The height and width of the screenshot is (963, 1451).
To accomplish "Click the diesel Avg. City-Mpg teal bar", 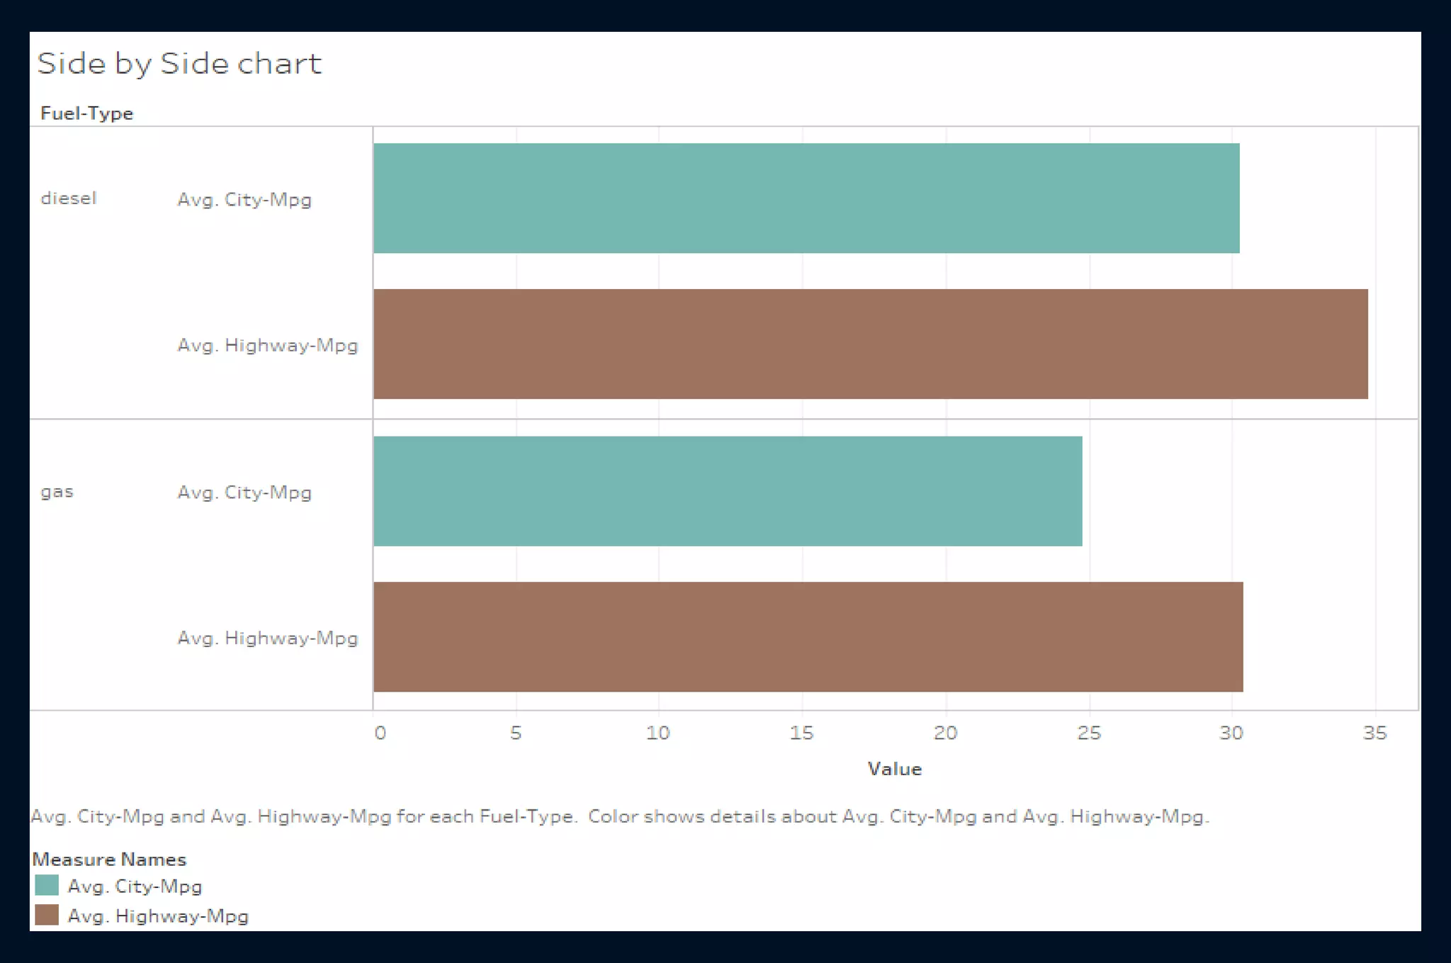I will tap(806, 198).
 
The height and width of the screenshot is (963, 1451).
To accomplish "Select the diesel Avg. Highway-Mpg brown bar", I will tap(870, 344).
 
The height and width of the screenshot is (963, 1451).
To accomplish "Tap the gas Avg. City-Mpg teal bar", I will tap(728, 491).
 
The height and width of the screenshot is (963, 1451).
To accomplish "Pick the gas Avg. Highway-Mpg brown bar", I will tap(808, 636).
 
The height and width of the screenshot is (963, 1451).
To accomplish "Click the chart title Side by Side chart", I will tap(179, 64).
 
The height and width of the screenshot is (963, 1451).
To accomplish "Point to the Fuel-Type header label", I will tap(86, 113).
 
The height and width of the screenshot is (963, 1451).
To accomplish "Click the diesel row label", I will tap(68, 198).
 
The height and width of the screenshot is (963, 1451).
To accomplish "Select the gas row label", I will tap(57, 491).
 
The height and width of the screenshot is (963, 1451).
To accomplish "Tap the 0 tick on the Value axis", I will tap(380, 733).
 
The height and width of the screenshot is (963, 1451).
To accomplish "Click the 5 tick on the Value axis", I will tap(516, 733).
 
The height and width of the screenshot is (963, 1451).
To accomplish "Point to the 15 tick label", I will tap(801, 733).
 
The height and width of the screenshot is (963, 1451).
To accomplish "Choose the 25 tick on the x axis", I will tap(1089, 733).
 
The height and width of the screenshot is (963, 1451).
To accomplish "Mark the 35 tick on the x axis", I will tap(1374, 733).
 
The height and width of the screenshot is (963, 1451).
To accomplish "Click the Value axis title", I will tap(894, 769).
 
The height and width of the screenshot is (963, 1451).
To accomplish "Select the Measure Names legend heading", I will tap(109, 860).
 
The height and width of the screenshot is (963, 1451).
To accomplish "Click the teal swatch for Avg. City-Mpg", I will tap(47, 886).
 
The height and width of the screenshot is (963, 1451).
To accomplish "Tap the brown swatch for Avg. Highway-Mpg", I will tap(47, 915).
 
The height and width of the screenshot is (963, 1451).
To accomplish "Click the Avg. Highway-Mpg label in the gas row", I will tap(267, 638).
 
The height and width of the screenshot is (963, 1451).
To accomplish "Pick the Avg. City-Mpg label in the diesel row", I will tap(244, 200).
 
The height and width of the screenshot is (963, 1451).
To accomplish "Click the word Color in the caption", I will tap(613, 816).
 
